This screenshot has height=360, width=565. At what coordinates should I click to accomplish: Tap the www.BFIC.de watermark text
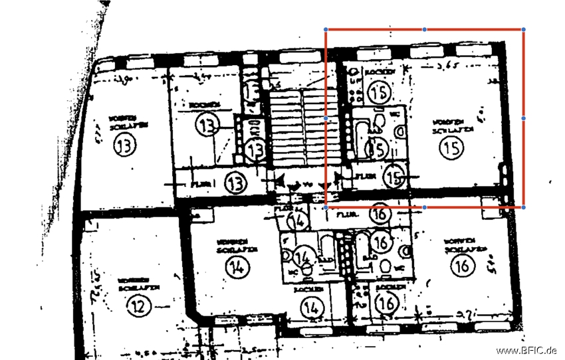(x=526, y=351)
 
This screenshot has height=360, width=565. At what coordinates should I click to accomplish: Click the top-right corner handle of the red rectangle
(x=524, y=29)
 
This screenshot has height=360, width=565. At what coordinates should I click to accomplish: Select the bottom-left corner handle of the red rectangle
(x=326, y=207)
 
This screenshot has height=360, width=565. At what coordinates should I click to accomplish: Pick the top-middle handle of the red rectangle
(x=425, y=29)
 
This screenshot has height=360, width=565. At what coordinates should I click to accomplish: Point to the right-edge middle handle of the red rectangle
(x=524, y=118)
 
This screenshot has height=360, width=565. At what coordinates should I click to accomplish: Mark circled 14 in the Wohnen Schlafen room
(x=236, y=267)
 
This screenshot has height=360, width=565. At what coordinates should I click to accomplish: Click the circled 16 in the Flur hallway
(x=381, y=214)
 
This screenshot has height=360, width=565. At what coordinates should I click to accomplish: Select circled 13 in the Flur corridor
(x=235, y=183)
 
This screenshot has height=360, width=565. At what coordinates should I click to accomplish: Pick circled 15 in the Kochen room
(x=381, y=92)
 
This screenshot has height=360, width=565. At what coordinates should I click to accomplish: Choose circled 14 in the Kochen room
(x=310, y=308)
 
